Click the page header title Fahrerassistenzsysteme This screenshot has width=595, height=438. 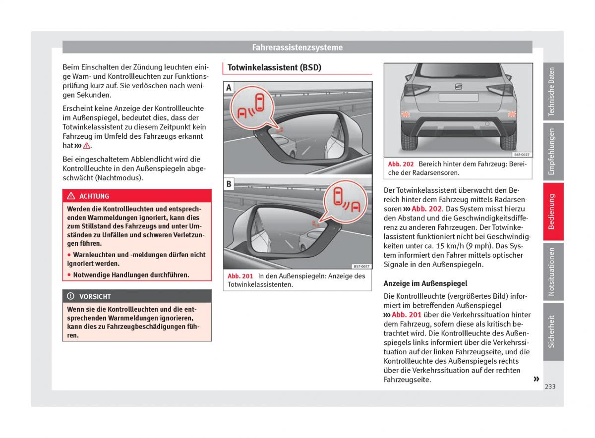coord(297,48)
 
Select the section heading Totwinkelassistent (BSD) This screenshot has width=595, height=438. coord(274,68)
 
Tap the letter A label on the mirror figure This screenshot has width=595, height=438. coord(229,88)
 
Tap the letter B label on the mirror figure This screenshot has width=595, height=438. coord(229,184)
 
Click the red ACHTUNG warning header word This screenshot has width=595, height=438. coord(94,196)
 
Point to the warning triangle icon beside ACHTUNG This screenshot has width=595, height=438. coord(71,196)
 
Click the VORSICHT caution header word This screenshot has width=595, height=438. coord(95,296)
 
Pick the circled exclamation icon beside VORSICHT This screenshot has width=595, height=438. coord(71,296)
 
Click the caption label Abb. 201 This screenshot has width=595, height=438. coord(240,276)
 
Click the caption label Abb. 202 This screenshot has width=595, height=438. coord(401,164)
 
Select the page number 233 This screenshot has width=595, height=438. coord(550,386)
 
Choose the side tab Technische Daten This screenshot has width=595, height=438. coord(553,92)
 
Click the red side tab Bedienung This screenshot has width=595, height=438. coord(553,212)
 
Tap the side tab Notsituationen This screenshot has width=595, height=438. coord(553,272)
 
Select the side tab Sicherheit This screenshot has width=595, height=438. coord(553,331)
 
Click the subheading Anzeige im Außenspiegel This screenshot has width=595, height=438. coord(425,283)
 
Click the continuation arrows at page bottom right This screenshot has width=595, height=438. coord(536,379)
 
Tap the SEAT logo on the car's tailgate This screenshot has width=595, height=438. coord(458,87)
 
